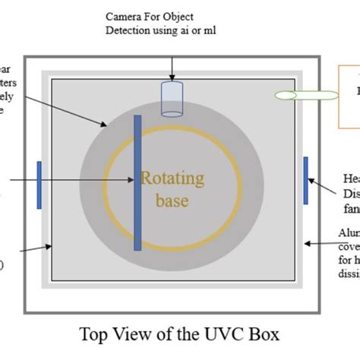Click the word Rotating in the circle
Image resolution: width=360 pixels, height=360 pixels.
pyautogui.click(x=172, y=179)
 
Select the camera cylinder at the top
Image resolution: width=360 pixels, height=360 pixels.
pyautogui.click(x=172, y=99)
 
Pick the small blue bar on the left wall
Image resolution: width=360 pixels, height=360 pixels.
pyautogui.click(x=39, y=185)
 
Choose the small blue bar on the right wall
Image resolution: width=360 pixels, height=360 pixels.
pyautogui.click(x=305, y=180)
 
